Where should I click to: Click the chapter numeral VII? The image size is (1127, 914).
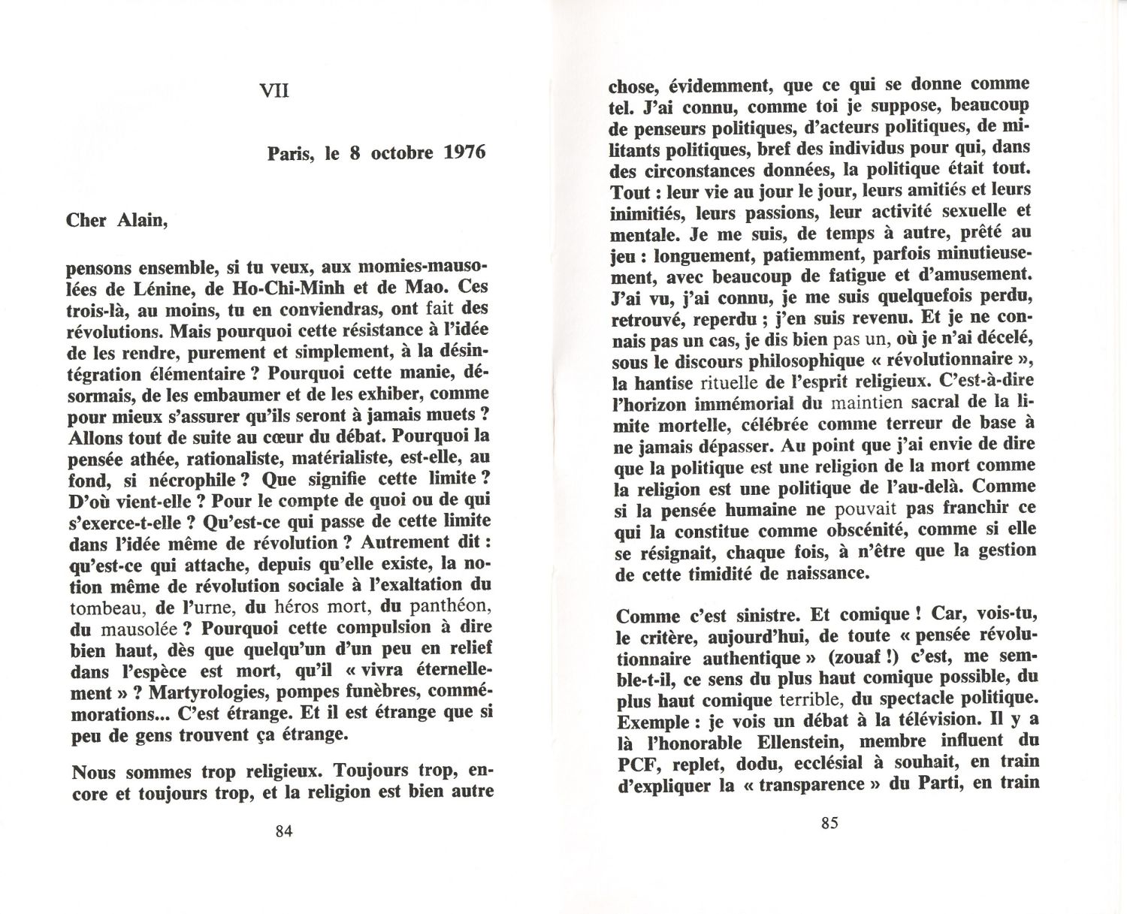coord(273,92)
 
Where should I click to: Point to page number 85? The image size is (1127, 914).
coord(829,823)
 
